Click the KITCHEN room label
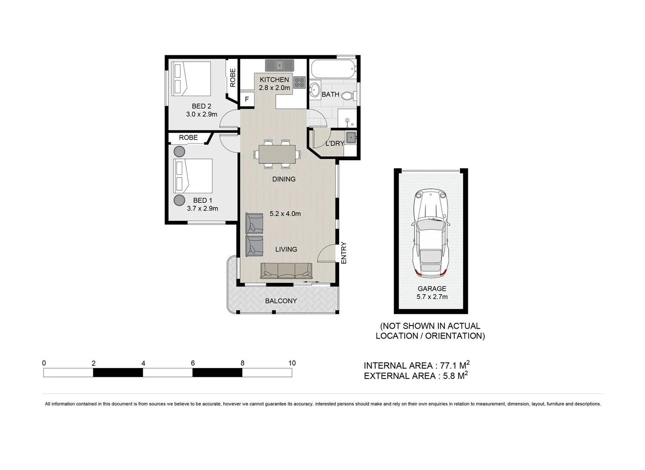(274, 80)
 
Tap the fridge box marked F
(247, 99)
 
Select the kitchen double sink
(279, 65)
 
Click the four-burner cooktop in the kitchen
(299, 82)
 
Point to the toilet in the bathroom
(348, 95)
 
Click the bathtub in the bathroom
(333, 69)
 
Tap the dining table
(277, 154)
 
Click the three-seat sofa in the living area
(286, 271)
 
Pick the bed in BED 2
(191, 79)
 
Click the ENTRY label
(343, 253)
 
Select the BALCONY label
(281, 301)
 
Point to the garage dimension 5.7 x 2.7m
(432, 297)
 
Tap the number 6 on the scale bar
(193, 363)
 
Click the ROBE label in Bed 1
(188, 138)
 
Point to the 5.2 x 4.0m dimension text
(285, 214)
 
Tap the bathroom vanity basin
(314, 90)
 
